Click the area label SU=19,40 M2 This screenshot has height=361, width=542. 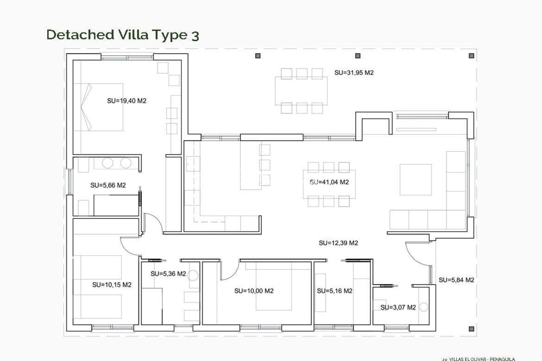tap(126, 101)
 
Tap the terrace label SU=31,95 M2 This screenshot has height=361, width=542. tap(354, 73)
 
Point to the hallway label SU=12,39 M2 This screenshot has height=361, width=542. tap(338, 243)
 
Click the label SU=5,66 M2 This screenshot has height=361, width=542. tap(108, 185)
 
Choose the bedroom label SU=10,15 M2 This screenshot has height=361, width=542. tap(112, 285)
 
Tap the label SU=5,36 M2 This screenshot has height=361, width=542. tap(168, 274)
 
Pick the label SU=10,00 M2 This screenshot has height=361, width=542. tap(254, 291)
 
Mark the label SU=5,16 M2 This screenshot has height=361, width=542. tap(335, 291)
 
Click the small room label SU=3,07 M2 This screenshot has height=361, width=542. tap(398, 307)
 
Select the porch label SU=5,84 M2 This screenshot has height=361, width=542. tap(456, 280)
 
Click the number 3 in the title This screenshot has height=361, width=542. tap(195, 35)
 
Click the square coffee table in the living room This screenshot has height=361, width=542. tap(416, 179)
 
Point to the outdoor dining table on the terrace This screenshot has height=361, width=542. tap(301, 91)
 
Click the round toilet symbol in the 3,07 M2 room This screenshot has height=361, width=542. tap(424, 307)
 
